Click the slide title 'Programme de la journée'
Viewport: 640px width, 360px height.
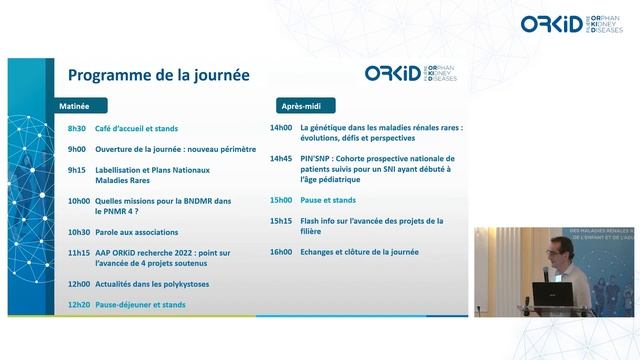tap(158, 75)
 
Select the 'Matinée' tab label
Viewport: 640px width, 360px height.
tap(75, 105)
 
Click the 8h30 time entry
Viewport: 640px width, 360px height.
tap(76, 129)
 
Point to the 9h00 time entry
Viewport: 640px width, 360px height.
tap(76, 149)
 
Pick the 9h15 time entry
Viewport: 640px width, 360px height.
tap(76, 170)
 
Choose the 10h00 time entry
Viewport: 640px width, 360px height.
tap(78, 201)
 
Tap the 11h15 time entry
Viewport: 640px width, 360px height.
tap(78, 253)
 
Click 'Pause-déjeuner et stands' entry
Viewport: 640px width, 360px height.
tap(140, 304)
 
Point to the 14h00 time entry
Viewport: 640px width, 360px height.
tap(281, 128)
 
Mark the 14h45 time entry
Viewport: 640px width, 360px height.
tap(281, 158)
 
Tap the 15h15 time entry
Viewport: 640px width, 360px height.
tap(281, 221)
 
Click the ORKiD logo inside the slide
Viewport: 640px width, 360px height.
tap(410, 75)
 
